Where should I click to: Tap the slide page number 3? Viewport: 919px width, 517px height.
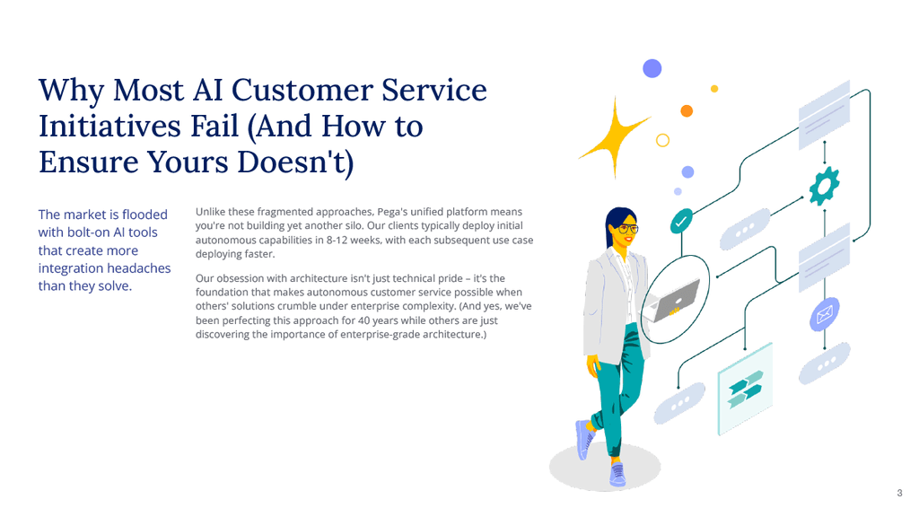pyautogui.click(x=899, y=493)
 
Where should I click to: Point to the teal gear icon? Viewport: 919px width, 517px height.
pyautogui.click(x=823, y=186)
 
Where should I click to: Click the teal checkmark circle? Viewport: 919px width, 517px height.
pyautogui.click(x=682, y=220)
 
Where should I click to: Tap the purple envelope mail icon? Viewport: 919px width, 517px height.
pyautogui.click(x=823, y=314)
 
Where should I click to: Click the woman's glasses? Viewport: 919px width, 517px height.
pyautogui.click(x=630, y=229)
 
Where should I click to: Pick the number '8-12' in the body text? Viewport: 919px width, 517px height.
pyautogui.click(x=363, y=240)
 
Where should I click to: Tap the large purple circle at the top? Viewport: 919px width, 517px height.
pyautogui.click(x=652, y=68)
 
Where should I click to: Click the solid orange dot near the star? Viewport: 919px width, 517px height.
pyautogui.click(x=687, y=111)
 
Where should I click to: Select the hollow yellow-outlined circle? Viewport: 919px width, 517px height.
pyautogui.click(x=663, y=140)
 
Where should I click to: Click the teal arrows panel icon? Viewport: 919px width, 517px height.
pyautogui.click(x=745, y=387)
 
